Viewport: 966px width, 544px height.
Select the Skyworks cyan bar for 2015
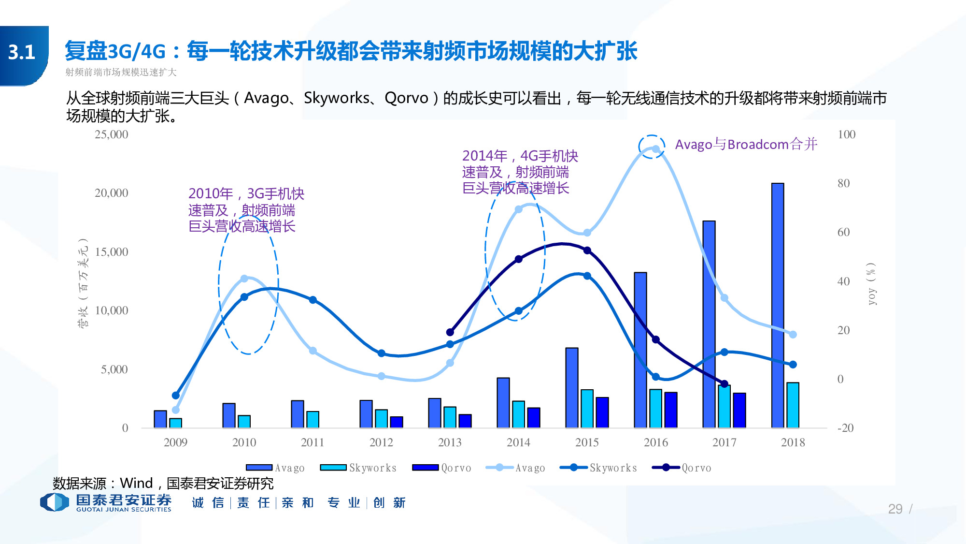click(587, 409)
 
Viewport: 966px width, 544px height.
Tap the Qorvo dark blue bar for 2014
click(533, 418)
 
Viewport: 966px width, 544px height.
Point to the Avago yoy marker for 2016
click(655, 149)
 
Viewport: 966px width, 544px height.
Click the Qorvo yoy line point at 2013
click(450, 332)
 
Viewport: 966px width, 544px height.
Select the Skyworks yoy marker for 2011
click(313, 300)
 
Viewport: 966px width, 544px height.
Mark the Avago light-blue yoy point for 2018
click(793, 334)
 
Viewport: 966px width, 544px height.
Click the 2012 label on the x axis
click(381, 442)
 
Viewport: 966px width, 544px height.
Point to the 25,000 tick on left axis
click(112, 134)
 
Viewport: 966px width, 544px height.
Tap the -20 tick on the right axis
click(845, 428)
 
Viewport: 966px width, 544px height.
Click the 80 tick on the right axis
click(843, 183)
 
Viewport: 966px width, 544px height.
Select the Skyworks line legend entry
click(598, 468)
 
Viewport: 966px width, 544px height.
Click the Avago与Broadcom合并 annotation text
click(746, 144)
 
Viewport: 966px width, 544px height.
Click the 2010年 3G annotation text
click(246, 210)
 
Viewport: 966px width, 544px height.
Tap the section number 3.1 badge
click(22, 52)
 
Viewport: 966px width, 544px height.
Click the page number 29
click(895, 509)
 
